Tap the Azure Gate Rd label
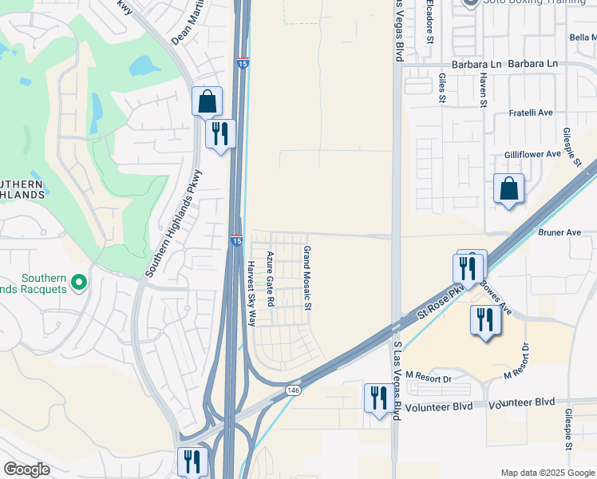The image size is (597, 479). click(x=271, y=279)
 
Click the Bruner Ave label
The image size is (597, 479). click(x=559, y=232)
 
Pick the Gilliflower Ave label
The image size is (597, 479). click(x=532, y=154)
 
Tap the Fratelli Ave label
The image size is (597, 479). click(x=531, y=113)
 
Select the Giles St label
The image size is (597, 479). click(x=441, y=88)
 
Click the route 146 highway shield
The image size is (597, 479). click(x=293, y=390)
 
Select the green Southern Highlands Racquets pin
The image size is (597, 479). click(x=79, y=283)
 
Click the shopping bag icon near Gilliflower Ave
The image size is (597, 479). click(x=508, y=189)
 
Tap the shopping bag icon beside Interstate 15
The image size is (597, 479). click(x=207, y=101)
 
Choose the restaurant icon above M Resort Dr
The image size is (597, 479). click(x=485, y=320)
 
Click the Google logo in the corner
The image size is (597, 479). click(x=26, y=469)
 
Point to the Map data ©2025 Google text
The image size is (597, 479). click(x=547, y=473)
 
